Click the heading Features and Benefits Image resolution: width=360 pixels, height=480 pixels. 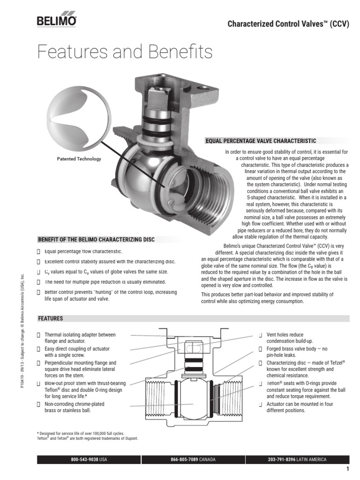(x=125, y=52)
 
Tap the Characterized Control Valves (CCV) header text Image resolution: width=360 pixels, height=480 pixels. (x=288, y=24)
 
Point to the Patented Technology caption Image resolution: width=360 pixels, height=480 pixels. (x=79, y=159)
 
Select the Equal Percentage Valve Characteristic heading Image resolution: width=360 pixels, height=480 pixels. (x=261, y=141)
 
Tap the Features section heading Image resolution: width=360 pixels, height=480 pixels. (x=51, y=319)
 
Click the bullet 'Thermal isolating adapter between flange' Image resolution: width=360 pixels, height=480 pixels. (x=80, y=338)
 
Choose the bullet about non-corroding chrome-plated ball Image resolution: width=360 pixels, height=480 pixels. (x=74, y=407)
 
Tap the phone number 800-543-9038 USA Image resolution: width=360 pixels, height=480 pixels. (x=89, y=460)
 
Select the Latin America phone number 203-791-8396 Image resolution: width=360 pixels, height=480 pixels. (x=297, y=460)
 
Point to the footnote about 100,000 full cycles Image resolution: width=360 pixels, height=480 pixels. (x=81, y=434)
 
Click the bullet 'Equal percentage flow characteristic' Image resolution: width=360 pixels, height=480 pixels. (x=83, y=252)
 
